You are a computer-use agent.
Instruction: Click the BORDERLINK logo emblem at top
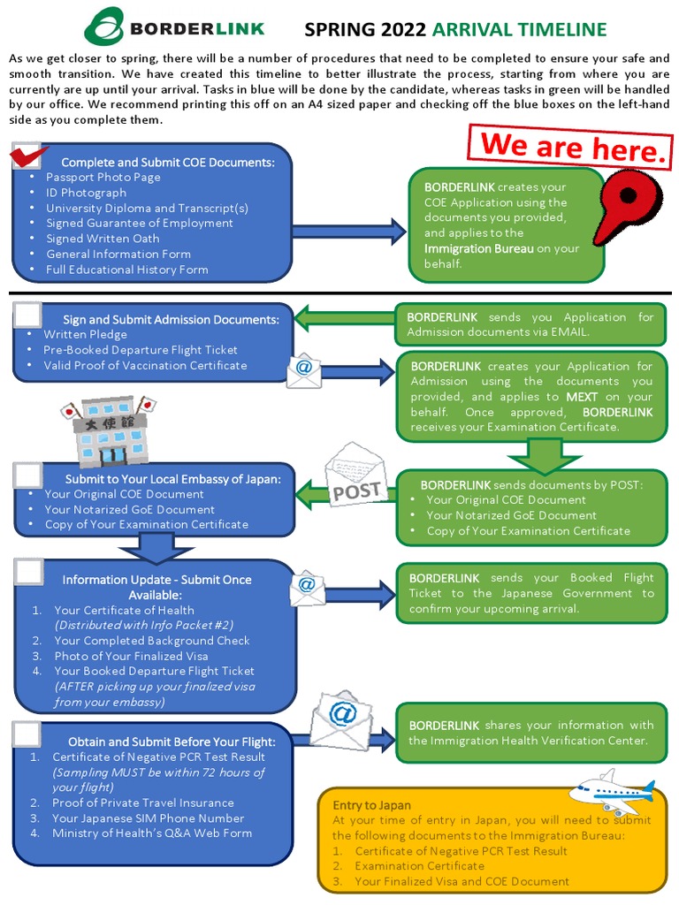click(103, 27)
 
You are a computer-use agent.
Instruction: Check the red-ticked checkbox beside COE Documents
click(29, 156)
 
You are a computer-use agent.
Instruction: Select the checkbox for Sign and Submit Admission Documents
click(28, 316)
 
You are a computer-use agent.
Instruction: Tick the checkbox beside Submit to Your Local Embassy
click(28, 475)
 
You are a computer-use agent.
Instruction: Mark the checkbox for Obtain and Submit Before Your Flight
click(28, 734)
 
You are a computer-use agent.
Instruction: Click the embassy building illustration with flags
click(107, 431)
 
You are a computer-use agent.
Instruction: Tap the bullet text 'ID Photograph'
click(86, 193)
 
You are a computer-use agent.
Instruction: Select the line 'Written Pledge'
click(86, 335)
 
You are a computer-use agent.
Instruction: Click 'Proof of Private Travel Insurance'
click(143, 802)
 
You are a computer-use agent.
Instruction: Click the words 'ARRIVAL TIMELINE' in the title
click(519, 30)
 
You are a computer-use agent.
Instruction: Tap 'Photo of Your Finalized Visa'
click(131, 656)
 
